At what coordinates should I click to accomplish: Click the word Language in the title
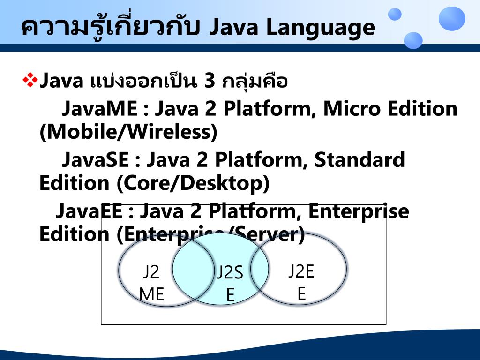click(321, 28)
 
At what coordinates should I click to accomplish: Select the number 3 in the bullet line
click(210, 82)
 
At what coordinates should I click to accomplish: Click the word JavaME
click(99, 109)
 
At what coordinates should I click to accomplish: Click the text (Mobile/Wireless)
click(128, 133)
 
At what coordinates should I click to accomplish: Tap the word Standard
click(359, 160)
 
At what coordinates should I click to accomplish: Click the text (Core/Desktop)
click(193, 183)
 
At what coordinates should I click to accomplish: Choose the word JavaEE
click(89, 211)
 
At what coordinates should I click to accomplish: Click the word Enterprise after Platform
click(358, 212)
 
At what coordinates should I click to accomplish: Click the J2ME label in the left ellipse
click(151, 283)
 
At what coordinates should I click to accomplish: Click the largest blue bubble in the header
click(451, 19)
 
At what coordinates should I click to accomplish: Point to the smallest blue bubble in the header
click(395, 15)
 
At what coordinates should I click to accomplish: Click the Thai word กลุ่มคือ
click(255, 82)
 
